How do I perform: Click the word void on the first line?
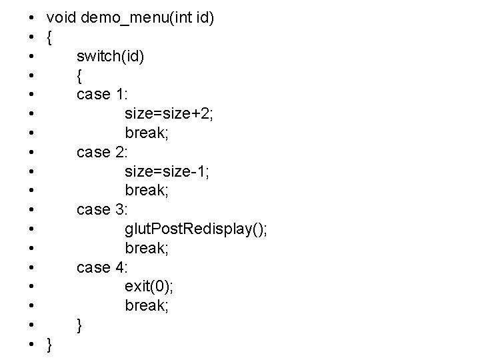point(61,17)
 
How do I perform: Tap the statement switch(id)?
point(109,56)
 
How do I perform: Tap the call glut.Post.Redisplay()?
point(196,229)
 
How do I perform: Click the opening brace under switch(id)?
point(80,75)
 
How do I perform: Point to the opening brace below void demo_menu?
point(49,37)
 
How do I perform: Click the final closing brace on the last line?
point(49,345)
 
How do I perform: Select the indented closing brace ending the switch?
point(80,325)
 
